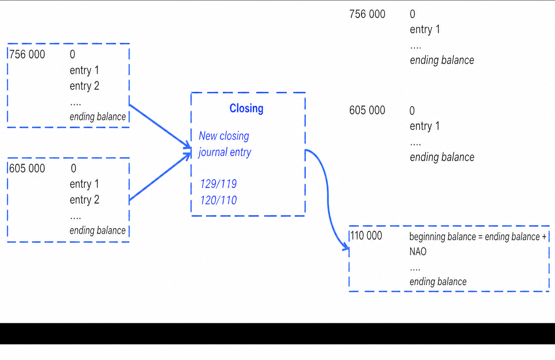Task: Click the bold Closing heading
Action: (x=246, y=108)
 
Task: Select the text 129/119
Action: (x=218, y=184)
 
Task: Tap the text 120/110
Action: (x=218, y=200)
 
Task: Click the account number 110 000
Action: (x=366, y=236)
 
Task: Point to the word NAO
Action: (x=418, y=252)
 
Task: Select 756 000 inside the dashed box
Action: (x=27, y=55)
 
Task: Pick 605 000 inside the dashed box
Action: (x=27, y=168)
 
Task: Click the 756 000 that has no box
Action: (x=367, y=14)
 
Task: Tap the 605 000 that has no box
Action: (x=367, y=110)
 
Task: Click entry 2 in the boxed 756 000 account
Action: (x=85, y=86)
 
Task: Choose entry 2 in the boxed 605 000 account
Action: (x=85, y=200)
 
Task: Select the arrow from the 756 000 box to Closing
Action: (x=160, y=127)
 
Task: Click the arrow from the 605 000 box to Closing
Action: (x=160, y=177)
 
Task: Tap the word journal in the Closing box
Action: (x=212, y=152)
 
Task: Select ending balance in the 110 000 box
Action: (x=438, y=282)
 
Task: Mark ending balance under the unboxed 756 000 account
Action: (x=442, y=60)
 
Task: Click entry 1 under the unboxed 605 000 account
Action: (x=425, y=126)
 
